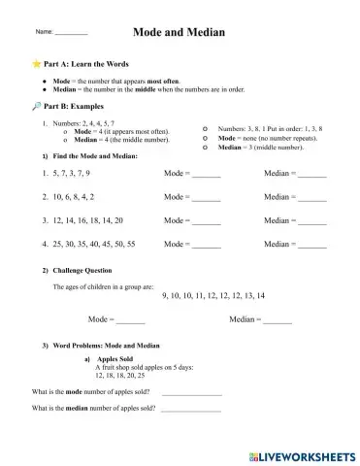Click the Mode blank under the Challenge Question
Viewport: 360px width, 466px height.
pos(130,319)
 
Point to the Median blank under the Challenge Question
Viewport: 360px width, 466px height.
pos(278,319)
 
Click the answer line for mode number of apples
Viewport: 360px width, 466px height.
pos(191,393)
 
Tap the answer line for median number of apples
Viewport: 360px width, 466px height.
pos(191,410)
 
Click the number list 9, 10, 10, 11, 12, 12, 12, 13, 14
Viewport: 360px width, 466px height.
pos(213,294)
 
